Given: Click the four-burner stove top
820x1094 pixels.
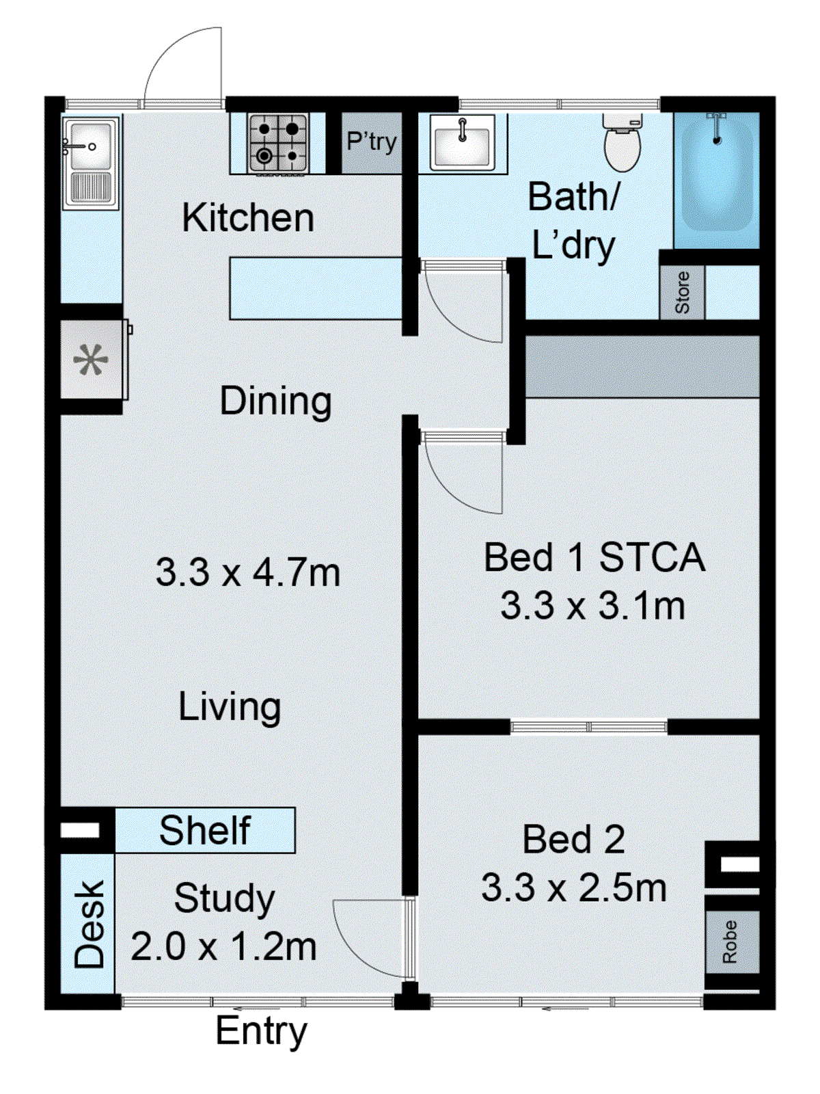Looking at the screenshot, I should [277, 143].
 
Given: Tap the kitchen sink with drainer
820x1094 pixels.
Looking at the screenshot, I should [90, 163].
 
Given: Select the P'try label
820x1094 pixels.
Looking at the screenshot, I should [371, 142].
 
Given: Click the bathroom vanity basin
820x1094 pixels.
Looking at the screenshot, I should [463, 143].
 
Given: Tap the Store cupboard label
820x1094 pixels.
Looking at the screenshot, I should [682, 293].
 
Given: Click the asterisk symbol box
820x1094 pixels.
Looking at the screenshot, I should [91, 360].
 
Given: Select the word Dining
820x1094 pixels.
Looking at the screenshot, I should [275, 401].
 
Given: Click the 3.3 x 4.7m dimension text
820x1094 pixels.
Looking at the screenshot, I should [247, 572].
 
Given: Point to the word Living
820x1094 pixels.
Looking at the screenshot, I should [230, 707].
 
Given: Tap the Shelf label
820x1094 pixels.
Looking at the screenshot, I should [204, 831].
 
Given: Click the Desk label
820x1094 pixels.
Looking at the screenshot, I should [89, 924].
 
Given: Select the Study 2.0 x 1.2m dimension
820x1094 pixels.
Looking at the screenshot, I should [223, 947].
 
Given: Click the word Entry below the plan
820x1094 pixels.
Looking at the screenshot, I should [261, 1031].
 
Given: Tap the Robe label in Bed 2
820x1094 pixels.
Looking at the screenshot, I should [730, 942].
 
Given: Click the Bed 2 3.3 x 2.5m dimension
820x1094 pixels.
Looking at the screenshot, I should [573, 888].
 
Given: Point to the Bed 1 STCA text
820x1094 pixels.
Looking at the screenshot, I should [593, 557].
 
